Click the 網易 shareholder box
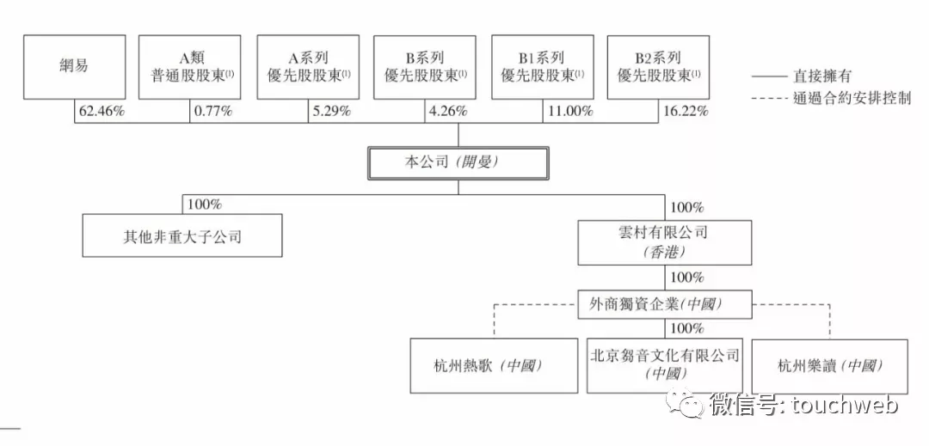75,67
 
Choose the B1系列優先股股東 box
543,67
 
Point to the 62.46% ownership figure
103,111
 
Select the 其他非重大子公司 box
182,236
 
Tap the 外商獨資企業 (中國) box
664,303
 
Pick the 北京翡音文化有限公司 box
664,365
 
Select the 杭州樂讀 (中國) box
830,365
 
